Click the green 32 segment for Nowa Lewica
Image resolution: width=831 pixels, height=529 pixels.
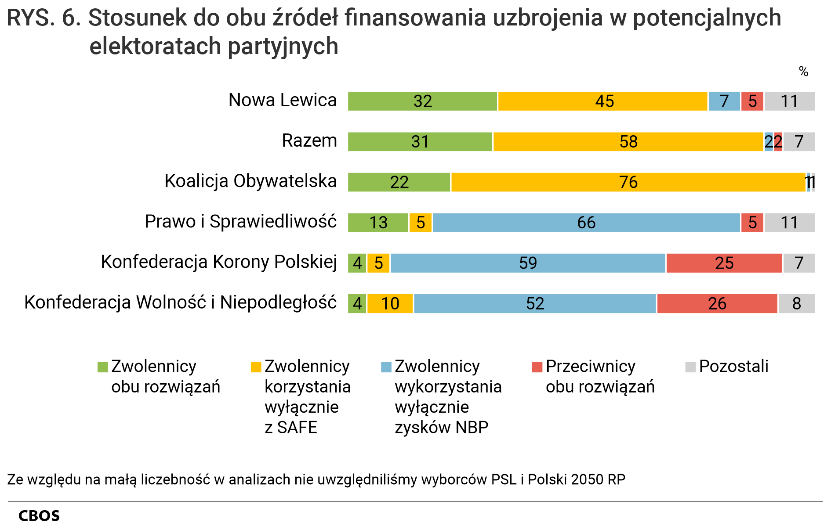pyautogui.click(x=422, y=101)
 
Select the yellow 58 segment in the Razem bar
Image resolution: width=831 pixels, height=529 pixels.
pyautogui.click(x=628, y=142)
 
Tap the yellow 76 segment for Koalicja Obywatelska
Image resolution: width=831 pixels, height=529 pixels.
pyautogui.click(x=628, y=182)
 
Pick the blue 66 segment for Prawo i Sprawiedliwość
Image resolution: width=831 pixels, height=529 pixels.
pyautogui.click(x=586, y=223)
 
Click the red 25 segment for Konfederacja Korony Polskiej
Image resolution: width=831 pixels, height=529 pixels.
pyautogui.click(x=724, y=263)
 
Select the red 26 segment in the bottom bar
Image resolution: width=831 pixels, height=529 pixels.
pyautogui.click(x=717, y=303)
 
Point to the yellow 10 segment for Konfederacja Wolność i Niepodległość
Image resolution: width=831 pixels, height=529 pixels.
pyautogui.click(x=390, y=303)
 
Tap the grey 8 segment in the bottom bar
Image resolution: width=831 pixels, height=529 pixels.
pyautogui.click(x=796, y=303)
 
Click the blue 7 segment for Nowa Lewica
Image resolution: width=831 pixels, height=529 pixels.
pyautogui.click(x=724, y=101)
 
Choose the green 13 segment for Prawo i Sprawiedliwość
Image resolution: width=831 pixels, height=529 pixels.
pyautogui.click(x=378, y=223)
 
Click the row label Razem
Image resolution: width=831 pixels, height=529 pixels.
pyautogui.click(x=309, y=141)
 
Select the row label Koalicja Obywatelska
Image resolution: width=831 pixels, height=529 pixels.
pyautogui.click(x=250, y=181)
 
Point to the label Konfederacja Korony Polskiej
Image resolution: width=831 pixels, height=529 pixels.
pyautogui.click(x=219, y=262)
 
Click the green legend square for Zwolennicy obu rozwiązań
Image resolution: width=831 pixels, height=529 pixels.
pyautogui.click(x=102, y=367)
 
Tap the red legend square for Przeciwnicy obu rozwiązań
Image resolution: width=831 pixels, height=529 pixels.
pyautogui.click(x=537, y=367)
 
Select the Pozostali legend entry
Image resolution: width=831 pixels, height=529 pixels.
pyautogui.click(x=733, y=367)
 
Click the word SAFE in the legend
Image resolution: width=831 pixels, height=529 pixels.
pyautogui.click(x=297, y=428)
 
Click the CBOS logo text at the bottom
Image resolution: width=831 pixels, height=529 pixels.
pyautogui.click(x=39, y=516)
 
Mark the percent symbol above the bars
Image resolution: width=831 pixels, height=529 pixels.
pyautogui.click(x=803, y=72)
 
